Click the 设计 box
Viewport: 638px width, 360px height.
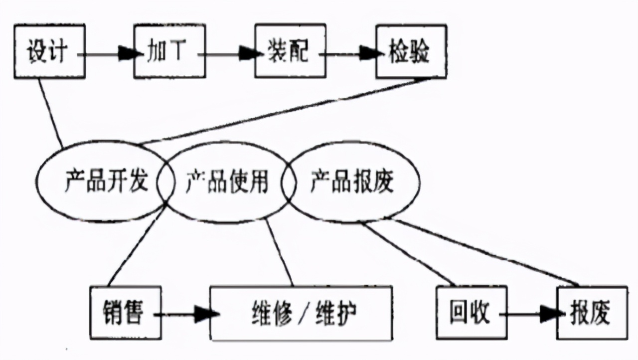pos(48,52)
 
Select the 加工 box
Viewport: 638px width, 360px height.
pos(169,52)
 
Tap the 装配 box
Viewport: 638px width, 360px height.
pos(290,52)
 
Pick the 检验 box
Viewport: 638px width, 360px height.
pos(411,52)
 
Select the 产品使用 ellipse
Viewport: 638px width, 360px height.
pos(227,182)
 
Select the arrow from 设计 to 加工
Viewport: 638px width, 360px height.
pos(108,53)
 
